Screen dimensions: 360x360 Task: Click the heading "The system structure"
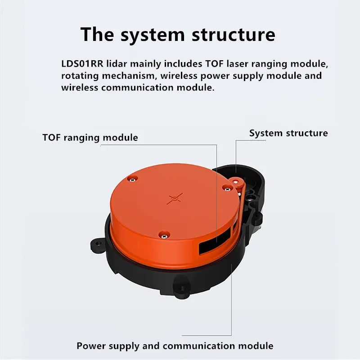click(x=178, y=34)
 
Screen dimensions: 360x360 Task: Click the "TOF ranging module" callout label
click(x=90, y=137)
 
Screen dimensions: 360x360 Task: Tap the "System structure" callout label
click(x=288, y=133)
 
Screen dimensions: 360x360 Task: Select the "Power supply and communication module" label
click(x=175, y=346)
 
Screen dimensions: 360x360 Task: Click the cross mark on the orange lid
click(x=175, y=198)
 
